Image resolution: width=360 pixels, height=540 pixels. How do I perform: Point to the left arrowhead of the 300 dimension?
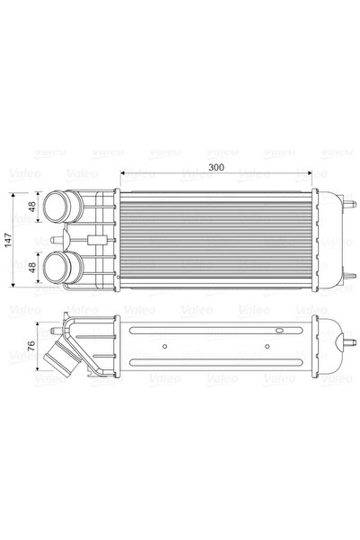[124, 175]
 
